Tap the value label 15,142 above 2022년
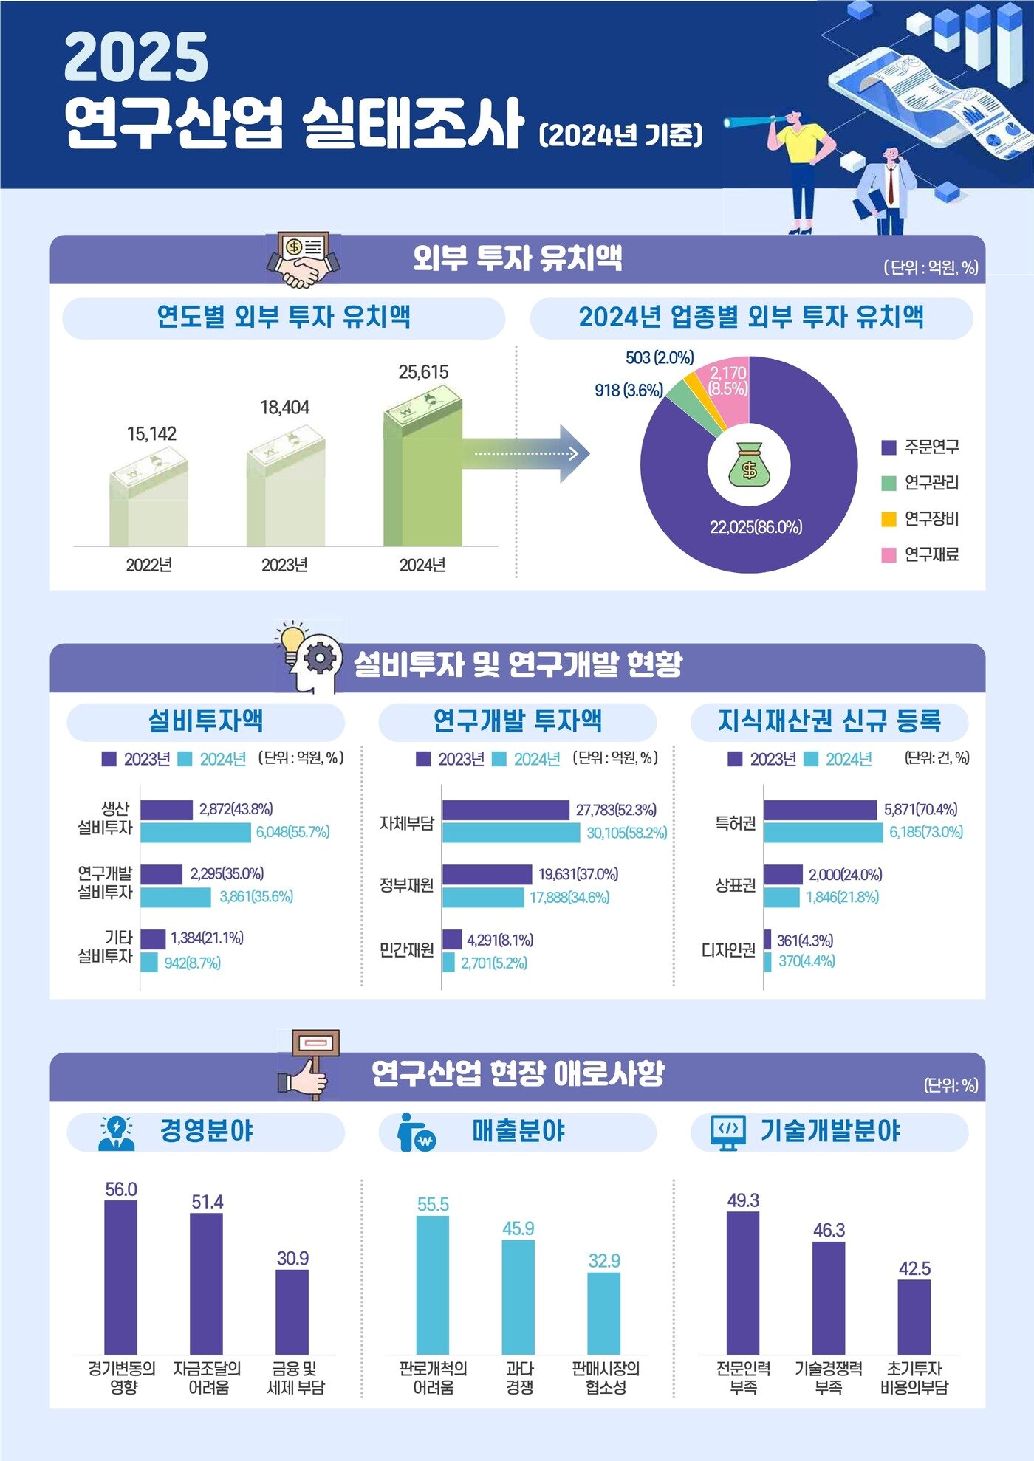(151, 433)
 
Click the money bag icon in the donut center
(749, 465)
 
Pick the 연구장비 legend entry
(920, 518)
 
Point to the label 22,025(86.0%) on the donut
(756, 527)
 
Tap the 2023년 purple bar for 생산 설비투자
(166, 810)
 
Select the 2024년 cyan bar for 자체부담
(511, 833)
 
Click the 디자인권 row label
(728, 949)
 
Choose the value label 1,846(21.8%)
(842, 897)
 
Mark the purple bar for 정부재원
(487, 874)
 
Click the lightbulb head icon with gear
(310, 656)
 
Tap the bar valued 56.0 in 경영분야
(120, 1276)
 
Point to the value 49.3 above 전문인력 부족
(742, 1200)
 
